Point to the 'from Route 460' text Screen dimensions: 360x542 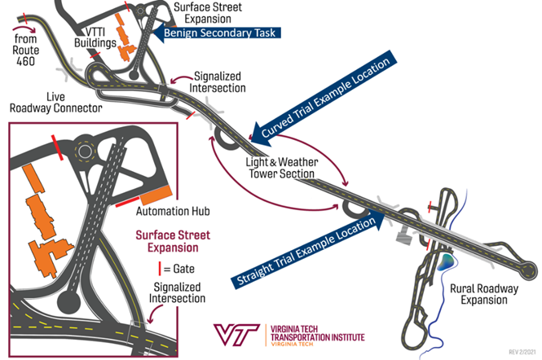[28, 48]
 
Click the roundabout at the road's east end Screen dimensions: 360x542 [530, 268]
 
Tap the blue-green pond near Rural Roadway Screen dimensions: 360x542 [447, 262]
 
